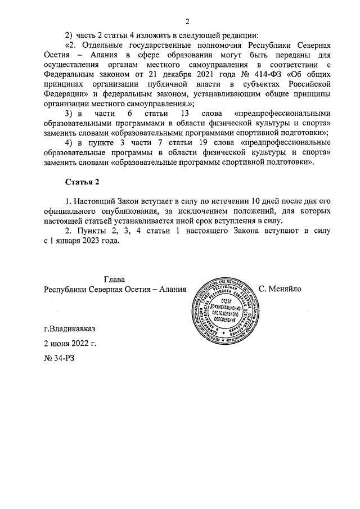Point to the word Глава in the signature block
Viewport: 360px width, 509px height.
[x=114, y=280]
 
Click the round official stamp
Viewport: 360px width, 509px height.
[x=223, y=312]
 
